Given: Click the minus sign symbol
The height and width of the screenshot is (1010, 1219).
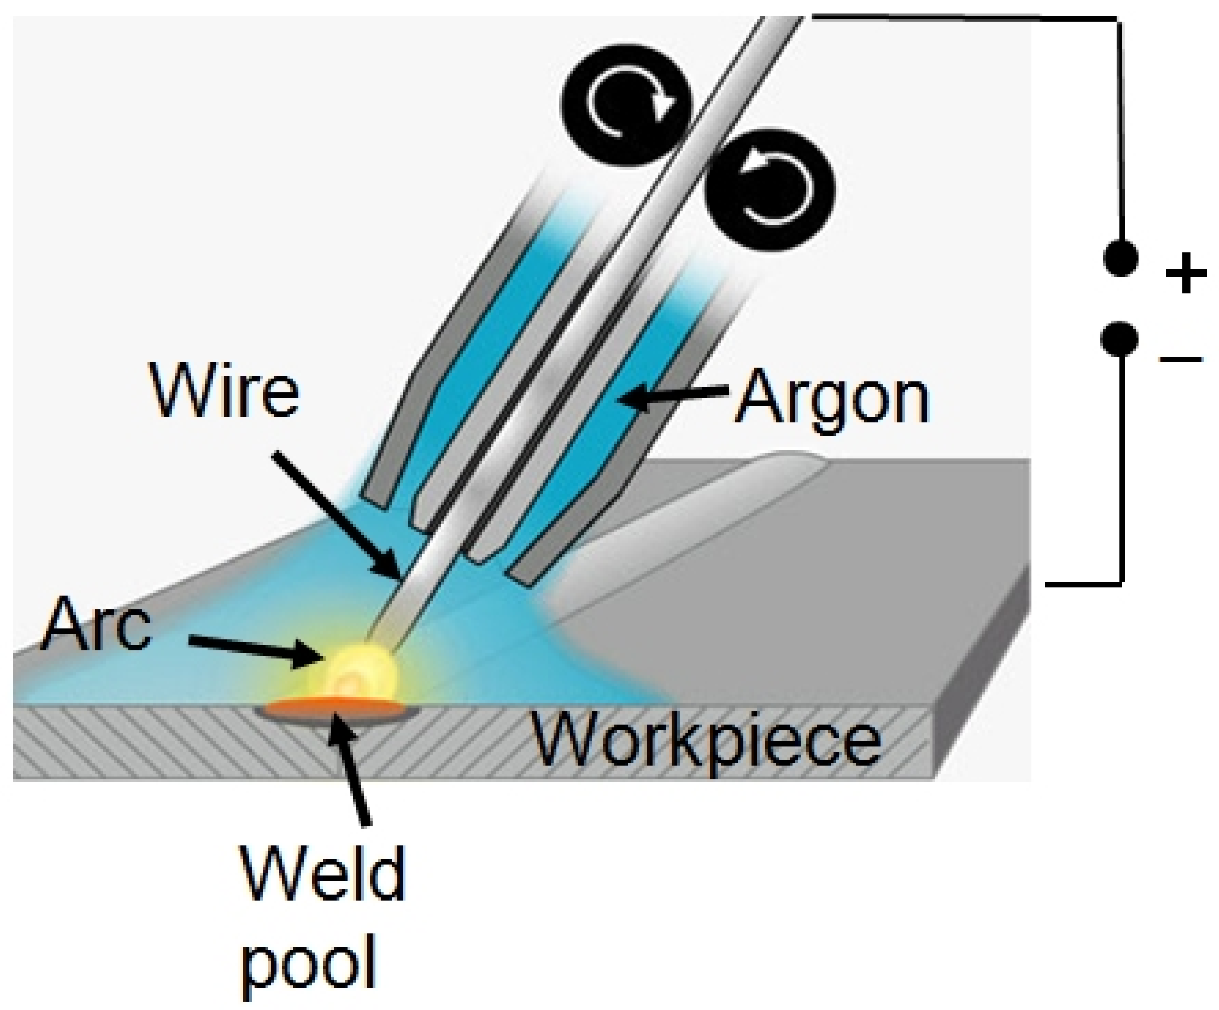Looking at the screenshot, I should [x=1181, y=359].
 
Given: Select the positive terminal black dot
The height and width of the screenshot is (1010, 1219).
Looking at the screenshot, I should [x=1120, y=259].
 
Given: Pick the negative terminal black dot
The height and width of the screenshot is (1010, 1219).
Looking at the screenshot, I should [x=1119, y=339].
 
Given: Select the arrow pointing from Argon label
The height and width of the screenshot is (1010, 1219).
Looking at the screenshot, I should [x=673, y=396].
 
